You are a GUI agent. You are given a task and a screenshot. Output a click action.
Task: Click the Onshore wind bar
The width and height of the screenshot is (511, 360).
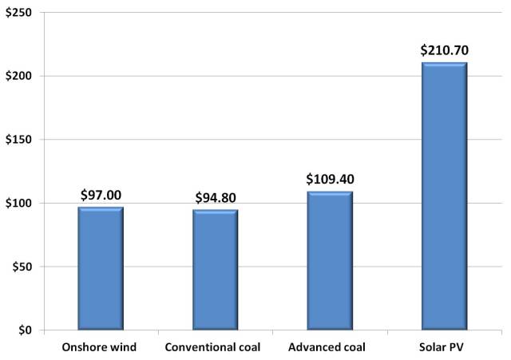pos(101,268)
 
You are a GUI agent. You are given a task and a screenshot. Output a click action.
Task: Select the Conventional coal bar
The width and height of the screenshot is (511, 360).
pos(215,270)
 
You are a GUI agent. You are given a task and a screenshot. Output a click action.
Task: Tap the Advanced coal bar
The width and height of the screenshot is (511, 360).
pos(329,260)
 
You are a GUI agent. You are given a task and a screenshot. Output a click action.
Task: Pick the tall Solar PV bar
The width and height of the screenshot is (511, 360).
pos(443,196)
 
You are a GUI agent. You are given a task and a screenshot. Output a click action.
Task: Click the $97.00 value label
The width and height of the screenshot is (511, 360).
pos(101,194)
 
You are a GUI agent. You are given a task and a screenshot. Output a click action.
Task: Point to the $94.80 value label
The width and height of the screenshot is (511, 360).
pos(215,196)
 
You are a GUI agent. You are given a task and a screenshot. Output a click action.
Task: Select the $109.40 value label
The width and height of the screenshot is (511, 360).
pos(329,179)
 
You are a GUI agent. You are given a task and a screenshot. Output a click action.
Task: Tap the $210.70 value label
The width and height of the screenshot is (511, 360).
pos(443,50)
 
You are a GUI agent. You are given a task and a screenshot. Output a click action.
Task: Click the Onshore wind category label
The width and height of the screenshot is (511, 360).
pos(101,347)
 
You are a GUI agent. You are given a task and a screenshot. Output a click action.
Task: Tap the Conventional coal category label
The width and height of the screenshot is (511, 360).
pos(215,347)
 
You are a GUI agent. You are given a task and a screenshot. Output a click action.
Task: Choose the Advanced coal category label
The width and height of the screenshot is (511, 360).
pos(329,347)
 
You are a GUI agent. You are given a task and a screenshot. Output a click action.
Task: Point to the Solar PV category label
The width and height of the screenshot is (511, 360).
pos(443,347)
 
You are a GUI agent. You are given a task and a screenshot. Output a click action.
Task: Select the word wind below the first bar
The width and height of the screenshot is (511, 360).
pos(124,347)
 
